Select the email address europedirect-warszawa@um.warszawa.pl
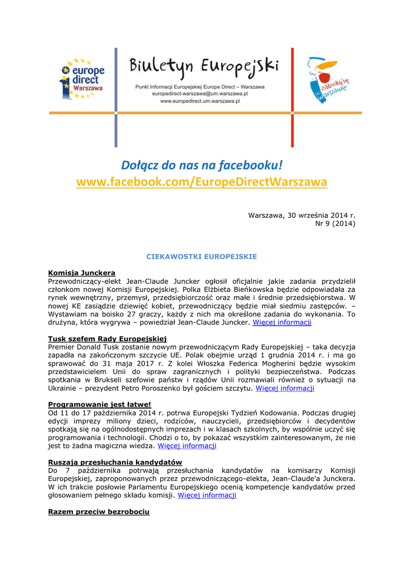point(200,95)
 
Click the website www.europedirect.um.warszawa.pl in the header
point(200,102)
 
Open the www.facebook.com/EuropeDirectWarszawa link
point(202,182)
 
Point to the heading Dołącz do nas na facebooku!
point(202,165)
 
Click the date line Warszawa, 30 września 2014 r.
point(301,215)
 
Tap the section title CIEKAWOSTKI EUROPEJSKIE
point(201,257)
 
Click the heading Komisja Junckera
point(82,273)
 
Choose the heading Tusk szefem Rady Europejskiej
point(108,338)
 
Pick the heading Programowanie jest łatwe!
point(100,404)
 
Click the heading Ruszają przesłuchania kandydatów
point(115,462)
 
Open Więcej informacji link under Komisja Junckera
point(282,322)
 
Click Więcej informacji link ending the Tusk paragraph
point(285,388)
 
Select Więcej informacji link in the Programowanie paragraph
point(187,446)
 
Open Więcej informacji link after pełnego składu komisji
point(207,495)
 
